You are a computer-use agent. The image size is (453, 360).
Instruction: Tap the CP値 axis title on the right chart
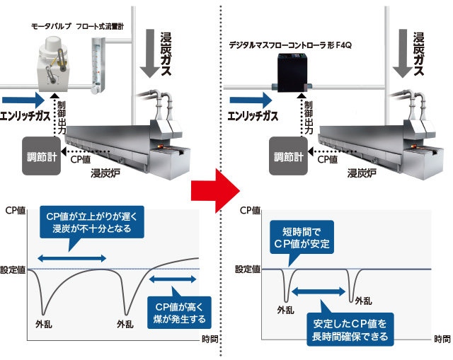251,210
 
